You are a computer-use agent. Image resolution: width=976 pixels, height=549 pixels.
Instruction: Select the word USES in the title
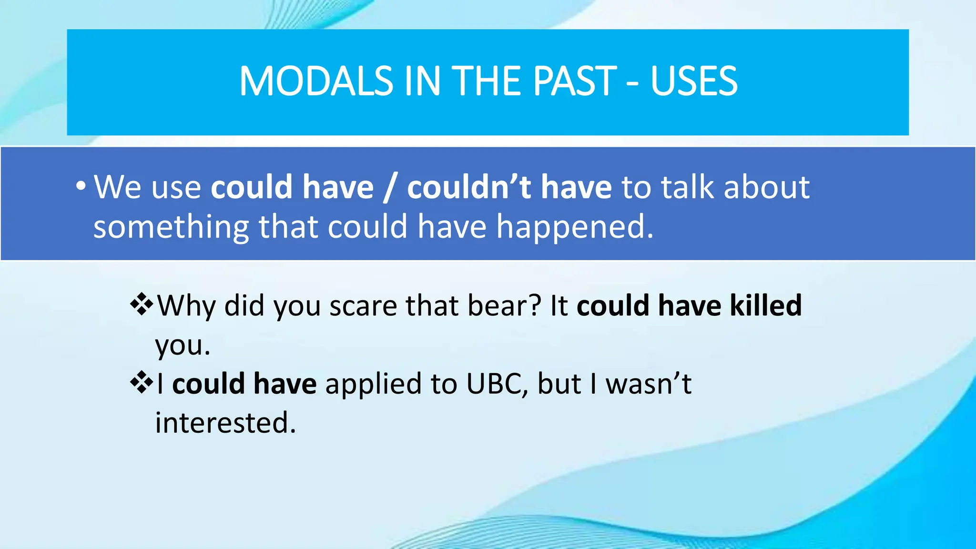[694, 81]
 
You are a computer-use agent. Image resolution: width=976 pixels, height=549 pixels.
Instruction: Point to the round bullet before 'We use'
[81, 186]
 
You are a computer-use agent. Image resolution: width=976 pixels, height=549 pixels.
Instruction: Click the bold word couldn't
[469, 186]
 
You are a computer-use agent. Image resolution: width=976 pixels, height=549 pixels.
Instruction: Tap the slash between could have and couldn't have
[390, 187]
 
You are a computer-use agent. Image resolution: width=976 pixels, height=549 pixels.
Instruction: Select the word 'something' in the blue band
[171, 227]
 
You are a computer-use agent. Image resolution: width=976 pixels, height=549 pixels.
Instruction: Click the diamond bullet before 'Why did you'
[141, 305]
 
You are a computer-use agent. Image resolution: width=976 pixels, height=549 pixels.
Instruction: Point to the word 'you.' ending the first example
[183, 346]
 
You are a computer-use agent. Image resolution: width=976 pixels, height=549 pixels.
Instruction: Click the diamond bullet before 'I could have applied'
[141, 383]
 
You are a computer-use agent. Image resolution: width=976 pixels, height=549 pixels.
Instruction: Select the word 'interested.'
[225, 423]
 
